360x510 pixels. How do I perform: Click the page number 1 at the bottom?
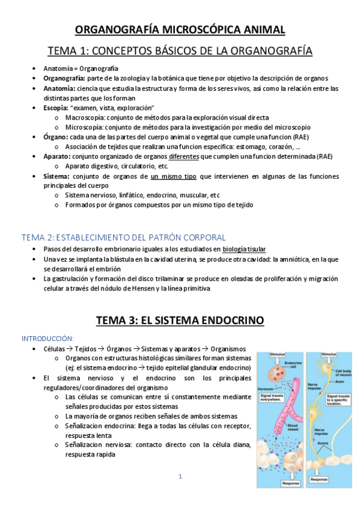[180, 477]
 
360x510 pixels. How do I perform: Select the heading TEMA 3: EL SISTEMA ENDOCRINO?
[180, 320]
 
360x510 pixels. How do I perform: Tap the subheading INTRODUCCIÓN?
[47, 338]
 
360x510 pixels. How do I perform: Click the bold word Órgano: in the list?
[56, 137]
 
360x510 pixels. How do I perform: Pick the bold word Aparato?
[58, 156]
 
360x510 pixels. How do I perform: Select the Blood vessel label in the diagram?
[296, 424]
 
